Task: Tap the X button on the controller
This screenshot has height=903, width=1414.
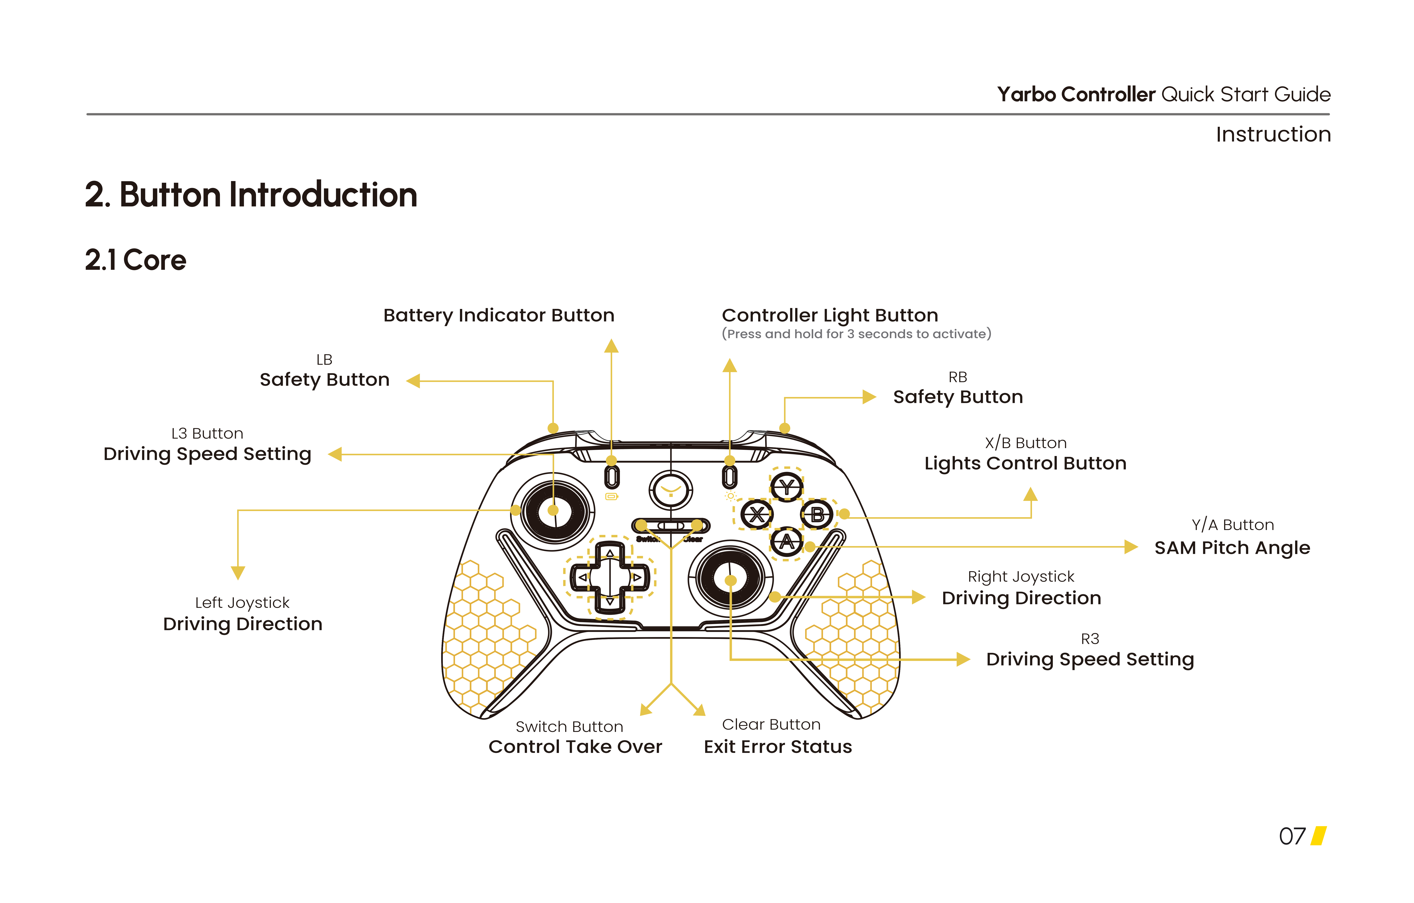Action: point(756,515)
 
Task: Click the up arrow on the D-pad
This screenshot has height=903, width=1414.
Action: point(610,553)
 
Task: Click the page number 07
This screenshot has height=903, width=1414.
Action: point(1292,836)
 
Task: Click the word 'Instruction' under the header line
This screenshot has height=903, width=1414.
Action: point(1272,134)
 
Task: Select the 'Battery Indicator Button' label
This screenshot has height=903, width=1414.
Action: point(499,315)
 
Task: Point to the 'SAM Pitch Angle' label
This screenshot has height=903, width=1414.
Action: point(1232,548)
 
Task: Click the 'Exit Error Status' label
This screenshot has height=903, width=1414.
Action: point(778,747)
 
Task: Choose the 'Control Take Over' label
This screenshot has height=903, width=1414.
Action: point(575,747)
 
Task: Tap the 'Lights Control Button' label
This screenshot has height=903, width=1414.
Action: point(1025,463)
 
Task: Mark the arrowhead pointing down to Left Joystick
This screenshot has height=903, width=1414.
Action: point(238,572)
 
